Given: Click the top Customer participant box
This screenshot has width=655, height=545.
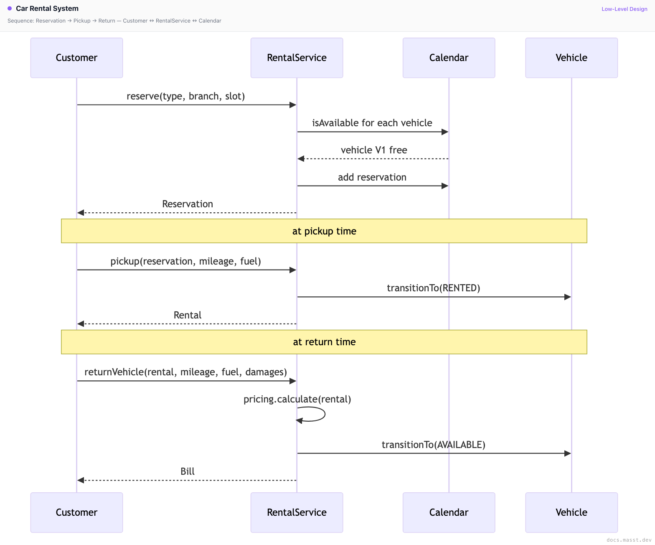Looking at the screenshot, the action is tap(76, 58).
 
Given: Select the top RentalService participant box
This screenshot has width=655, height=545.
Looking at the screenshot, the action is tap(297, 58).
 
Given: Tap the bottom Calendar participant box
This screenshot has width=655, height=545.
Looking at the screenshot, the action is tap(449, 512).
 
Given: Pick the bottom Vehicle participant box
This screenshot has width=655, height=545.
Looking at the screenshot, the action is tap(571, 512).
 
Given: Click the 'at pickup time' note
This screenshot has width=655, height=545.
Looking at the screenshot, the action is tap(324, 231).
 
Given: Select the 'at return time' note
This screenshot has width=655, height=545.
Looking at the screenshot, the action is tap(324, 342).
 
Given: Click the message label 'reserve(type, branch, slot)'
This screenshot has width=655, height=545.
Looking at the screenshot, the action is tap(186, 96).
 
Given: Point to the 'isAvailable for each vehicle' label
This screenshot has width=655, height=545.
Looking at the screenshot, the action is tap(372, 123).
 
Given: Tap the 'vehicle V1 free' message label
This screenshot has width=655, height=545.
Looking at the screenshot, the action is tap(374, 150).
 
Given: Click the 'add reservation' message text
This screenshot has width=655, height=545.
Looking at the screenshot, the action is tap(372, 177).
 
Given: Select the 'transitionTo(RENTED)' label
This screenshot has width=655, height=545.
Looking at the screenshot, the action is tap(434, 288).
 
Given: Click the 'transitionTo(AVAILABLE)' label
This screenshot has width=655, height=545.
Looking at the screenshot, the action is tap(434, 445).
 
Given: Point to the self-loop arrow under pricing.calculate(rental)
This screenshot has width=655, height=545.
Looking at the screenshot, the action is tap(325, 414).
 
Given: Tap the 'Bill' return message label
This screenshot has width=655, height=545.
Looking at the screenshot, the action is tap(188, 471).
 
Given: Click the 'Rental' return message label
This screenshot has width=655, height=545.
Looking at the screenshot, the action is tap(188, 315).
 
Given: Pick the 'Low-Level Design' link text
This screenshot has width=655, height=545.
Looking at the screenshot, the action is tap(624, 9).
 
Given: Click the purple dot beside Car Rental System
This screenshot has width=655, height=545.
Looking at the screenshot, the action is tap(10, 8).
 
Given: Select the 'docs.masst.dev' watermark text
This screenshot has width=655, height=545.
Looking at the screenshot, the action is tap(629, 540).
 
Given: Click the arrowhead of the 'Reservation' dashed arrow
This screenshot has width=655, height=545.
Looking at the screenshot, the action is tap(81, 213).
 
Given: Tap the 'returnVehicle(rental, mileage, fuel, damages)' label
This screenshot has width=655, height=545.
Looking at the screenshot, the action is tap(186, 372).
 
